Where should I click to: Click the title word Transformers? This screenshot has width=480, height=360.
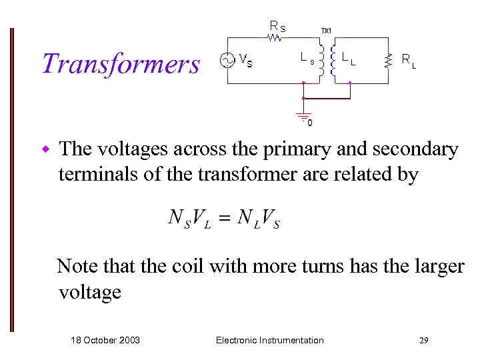pos(121,64)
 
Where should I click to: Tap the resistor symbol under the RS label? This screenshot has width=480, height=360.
pos(275,39)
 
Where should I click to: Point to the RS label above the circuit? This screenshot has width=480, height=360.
pos(277,26)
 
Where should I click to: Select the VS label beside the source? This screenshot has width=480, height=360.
pos(245,62)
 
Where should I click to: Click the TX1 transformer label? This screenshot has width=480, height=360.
pos(326,30)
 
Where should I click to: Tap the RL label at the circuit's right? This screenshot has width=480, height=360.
pos(409,61)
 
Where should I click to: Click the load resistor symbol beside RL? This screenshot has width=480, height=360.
pos(388,61)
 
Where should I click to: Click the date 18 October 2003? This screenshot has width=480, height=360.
pos(105,340)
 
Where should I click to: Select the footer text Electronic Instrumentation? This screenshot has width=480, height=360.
pos(270,340)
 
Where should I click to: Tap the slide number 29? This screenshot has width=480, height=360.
pos(424,341)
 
